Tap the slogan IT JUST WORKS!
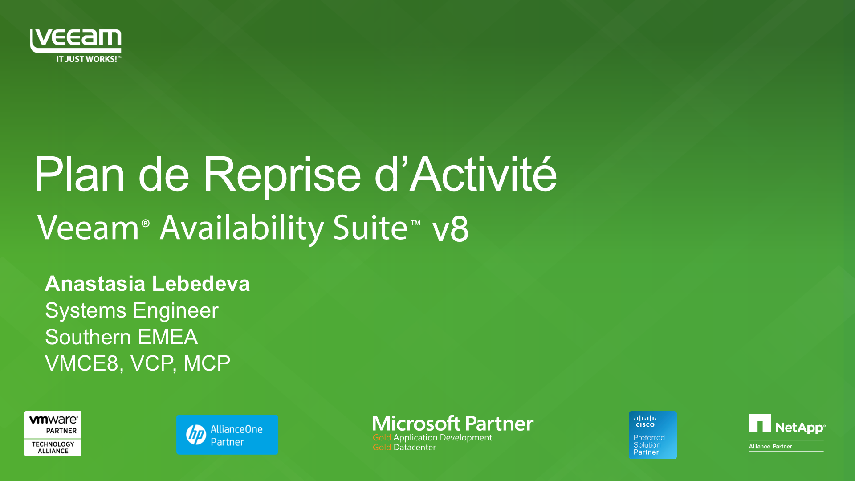87,59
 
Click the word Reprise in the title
281,175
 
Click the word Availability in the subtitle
241,228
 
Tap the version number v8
450,229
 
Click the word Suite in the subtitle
370,228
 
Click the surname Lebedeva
201,284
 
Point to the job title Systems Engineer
132,310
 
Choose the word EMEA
168,337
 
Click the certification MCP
207,363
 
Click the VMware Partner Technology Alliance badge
53,433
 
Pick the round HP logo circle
196,435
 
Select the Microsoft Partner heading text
453,424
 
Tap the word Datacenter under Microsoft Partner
415,447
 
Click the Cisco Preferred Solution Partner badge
653,435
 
